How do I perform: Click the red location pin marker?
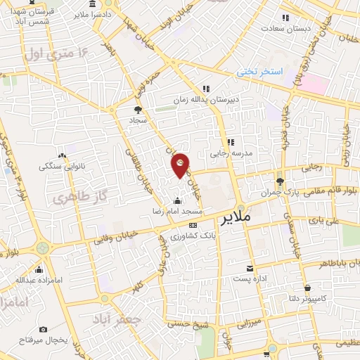click(x=180, y=165)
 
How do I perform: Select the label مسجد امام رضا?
click(x=179, y=211)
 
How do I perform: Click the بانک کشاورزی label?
click(x=181, y=234)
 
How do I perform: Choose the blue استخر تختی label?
click(x=259, y=72)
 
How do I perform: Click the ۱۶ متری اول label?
click(x=58, y=52)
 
